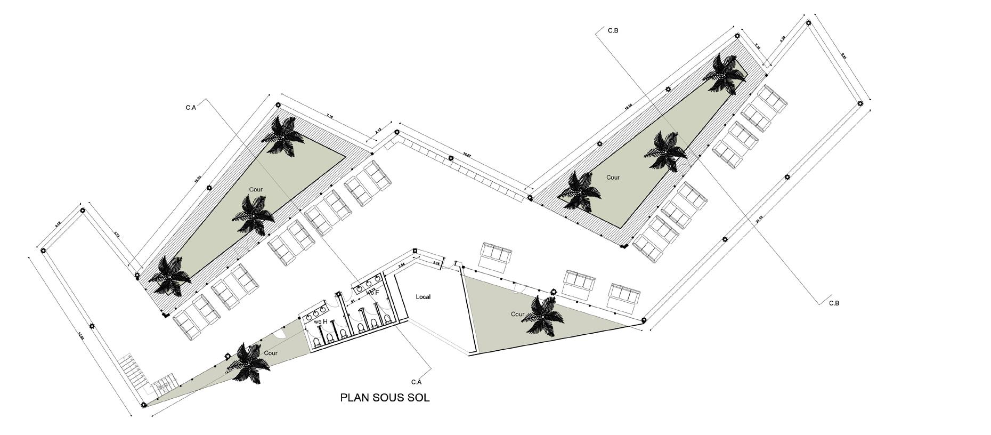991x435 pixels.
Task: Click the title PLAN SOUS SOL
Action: (x=385, y=398)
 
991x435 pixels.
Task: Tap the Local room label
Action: (x=423, y=297)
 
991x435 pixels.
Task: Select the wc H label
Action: (x=320, y=321)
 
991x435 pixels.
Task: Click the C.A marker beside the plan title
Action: (x=416, y=382)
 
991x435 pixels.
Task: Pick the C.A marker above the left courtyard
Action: (x=191, y=108)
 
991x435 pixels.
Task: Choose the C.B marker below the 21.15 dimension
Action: (x=834, y=303)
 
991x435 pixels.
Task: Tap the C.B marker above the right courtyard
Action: (x=613, y=31)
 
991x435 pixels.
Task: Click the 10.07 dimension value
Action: (x=467, y=155)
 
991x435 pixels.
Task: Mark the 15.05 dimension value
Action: (x=198, y=180)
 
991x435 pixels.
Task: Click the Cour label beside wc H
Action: (x=271, y=353)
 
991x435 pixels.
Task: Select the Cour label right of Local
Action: (x=517, y=314)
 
